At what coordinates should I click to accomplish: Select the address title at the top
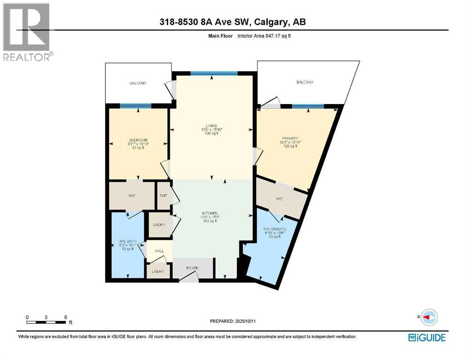point(232,22)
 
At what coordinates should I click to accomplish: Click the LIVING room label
point(212,129)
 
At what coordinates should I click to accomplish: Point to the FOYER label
point(192,268)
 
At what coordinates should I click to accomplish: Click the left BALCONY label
point(138,83)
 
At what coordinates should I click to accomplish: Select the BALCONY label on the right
point(304,82)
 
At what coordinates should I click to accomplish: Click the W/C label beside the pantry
point(132,195)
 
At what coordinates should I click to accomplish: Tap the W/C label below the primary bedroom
point(280,199)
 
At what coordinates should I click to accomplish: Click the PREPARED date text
point(232,322)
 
